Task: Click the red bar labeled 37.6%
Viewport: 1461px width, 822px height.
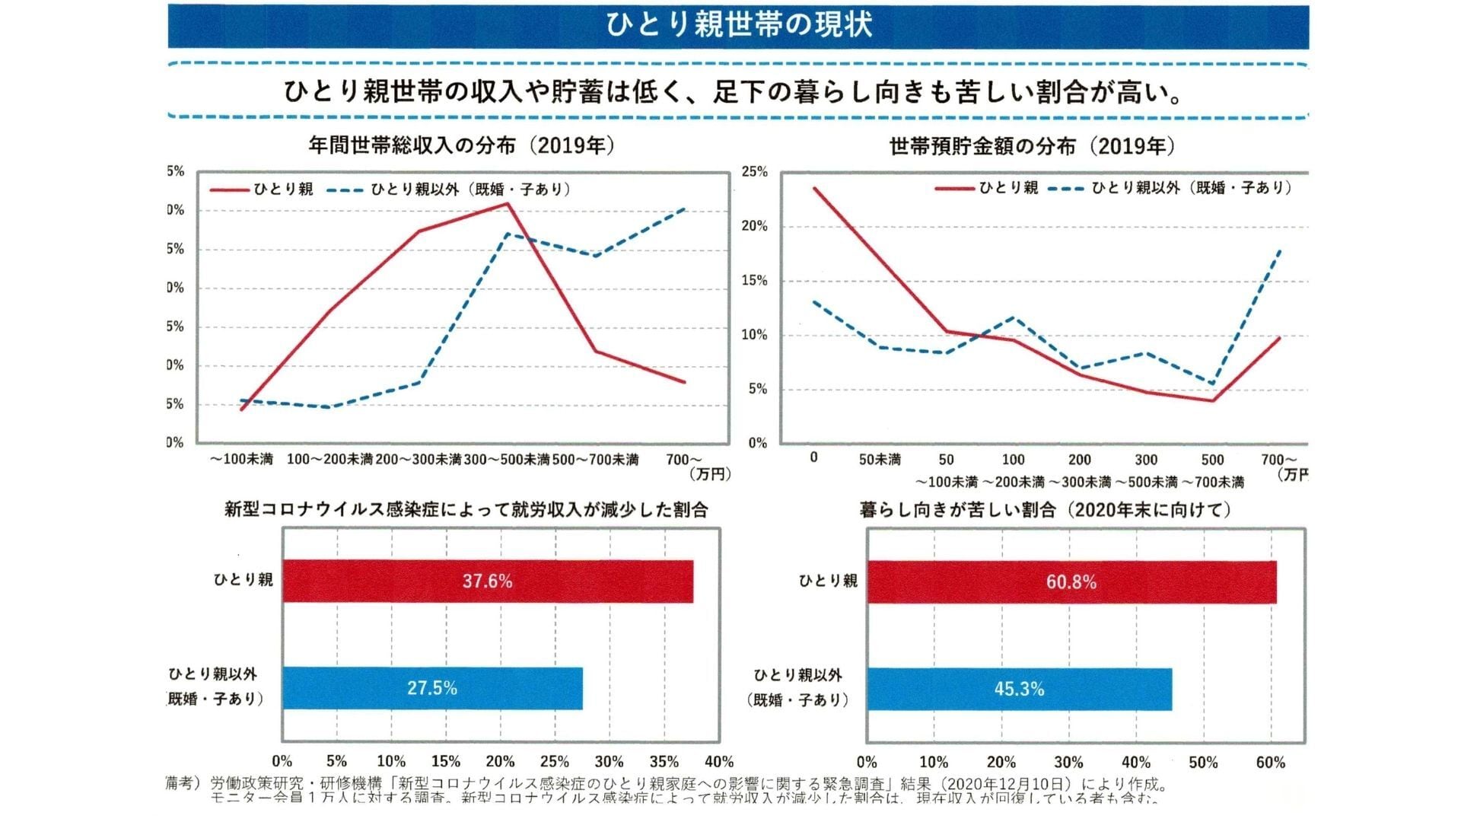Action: [x=487, y=581]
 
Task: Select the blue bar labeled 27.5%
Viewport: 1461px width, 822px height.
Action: [x=431, y=688]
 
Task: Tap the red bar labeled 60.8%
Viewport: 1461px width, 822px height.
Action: [x=1071, y=582]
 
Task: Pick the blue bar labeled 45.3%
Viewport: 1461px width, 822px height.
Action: [x=1019, y=689]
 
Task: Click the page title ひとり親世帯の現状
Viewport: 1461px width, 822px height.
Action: [x=738, y=24]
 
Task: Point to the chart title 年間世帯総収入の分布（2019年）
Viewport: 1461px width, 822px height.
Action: [x=461, y=145]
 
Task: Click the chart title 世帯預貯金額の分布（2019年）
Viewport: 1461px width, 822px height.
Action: [x=1032, y=146]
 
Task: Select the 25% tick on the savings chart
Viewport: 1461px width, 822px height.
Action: [x=754, y=172]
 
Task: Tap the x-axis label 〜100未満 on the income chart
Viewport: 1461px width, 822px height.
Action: [x=241, y=460]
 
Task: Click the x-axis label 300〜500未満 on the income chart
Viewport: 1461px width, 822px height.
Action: [x=507, y=460]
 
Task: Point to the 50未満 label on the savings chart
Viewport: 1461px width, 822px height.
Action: [x=880, y=460]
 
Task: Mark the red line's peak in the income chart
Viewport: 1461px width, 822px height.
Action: [x=507, y=203]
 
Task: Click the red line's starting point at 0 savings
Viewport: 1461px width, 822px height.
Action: [x=814, y=188]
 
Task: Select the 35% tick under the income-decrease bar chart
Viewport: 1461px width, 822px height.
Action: [x=664, y=762]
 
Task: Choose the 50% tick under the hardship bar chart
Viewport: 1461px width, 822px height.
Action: [x=1203, y=763]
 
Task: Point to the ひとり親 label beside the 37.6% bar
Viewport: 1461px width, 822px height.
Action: [x=243, y=579]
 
